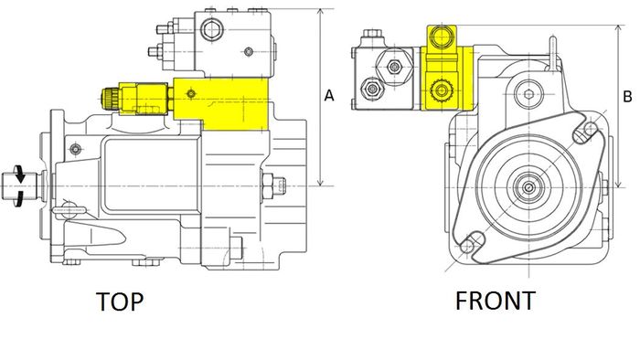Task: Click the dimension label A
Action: click(x=329, y=95)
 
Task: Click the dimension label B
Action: click(x=628, y=97)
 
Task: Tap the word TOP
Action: click(x=120, y=302)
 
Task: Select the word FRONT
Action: click(x=496, y=301)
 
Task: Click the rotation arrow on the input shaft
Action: click(x=18, y=185)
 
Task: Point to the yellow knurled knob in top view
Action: click(x=110, y=98)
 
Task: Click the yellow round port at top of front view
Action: click(x=442, y=37)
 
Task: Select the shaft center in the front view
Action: click(x=529, y=187)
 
